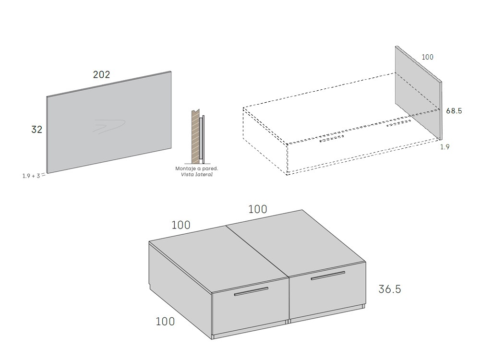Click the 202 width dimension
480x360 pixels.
(101, 74)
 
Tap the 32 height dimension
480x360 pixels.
(36, 130)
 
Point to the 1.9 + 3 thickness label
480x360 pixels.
(31, 176)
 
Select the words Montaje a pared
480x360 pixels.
(197, 168)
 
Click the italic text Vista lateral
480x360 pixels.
(197, 175)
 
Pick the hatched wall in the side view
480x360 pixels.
(195, 136)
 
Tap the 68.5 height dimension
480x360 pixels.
(454, 111)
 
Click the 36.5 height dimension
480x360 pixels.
(389, 289)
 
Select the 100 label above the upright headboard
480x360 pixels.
(427, 57)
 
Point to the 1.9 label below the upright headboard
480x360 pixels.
(445, 147)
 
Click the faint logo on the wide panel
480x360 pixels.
(109, 126)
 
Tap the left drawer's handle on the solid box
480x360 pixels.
(251, 291)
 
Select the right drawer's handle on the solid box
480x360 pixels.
(327, 276)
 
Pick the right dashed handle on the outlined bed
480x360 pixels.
(399, 123)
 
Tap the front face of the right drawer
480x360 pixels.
(326, 293)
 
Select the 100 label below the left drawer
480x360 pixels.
(165, 321)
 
